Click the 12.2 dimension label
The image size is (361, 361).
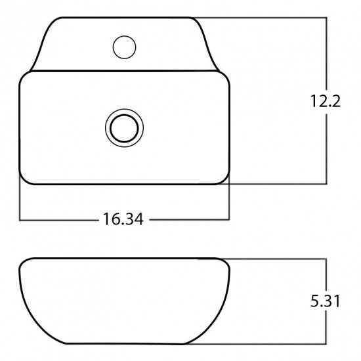[x=326, y=101]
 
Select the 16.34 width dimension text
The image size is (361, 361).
[x=123, y=219]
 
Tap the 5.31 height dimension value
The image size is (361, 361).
[x=325, y=301]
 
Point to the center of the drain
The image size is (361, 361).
[x=124, y=128]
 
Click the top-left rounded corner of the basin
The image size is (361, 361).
[x=24, y=76]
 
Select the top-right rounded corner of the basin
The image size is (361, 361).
[x=226, y=75]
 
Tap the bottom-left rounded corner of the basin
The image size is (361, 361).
[x=24, y=180]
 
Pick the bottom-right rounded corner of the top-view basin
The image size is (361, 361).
[x=225, y=180]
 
